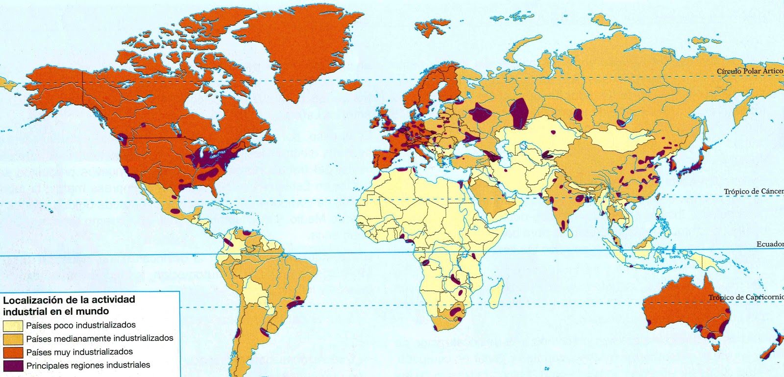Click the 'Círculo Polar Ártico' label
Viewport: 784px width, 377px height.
pos(750,71)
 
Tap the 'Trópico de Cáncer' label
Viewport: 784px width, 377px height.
pos(754,191)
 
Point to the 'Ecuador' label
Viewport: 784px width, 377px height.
pos(770,244)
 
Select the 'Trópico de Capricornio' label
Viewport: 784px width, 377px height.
pos(745,297)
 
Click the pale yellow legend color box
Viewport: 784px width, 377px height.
pos(13,326)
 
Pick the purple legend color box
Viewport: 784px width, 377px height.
pos(13,365)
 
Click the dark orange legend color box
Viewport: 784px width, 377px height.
pos(13,352)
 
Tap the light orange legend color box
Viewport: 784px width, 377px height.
pos(13,339)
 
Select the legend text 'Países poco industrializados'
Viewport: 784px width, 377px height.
pos(81,325)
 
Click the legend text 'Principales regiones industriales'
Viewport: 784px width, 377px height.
pos(88,365)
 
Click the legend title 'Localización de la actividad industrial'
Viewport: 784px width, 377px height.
pos(69,305)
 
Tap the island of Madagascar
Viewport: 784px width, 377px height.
pos(496,292)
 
